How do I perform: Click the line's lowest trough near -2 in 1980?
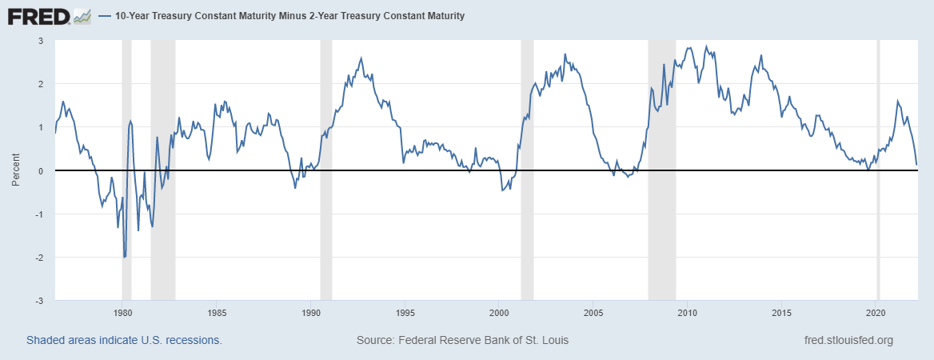(125, 257)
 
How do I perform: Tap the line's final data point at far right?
(916, 165)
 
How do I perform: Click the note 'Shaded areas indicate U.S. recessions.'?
(124, 340)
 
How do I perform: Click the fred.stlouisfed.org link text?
(848, 340)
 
